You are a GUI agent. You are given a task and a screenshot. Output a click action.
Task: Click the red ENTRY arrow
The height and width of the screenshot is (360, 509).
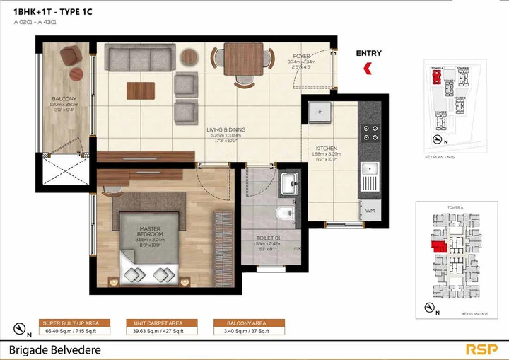tap(368, 69)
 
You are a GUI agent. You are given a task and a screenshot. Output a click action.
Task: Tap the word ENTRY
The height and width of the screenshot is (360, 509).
tap(368, 53)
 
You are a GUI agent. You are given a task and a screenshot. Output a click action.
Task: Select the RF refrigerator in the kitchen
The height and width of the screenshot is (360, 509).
tap(320, 112)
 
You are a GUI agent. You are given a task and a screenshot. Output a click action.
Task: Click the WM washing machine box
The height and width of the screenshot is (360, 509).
tap(370, 210)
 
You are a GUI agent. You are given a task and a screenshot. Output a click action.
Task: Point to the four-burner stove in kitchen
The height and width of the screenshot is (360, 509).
tap(370, 132)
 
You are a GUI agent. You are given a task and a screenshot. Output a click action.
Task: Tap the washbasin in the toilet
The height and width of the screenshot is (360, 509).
tap(289, 184)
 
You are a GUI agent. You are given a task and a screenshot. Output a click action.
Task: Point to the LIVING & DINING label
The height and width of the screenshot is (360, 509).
tap(226, 130)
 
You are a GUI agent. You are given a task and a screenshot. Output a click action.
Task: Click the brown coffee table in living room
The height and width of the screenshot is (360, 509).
tap(141, 91)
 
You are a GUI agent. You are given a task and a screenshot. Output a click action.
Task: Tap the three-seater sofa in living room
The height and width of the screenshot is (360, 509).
tap(139, 55)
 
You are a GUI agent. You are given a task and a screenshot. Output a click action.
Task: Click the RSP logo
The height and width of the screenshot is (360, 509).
tap(481, 349)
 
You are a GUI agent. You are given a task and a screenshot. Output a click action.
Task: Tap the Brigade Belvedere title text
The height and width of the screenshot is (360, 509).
tap(55, 349)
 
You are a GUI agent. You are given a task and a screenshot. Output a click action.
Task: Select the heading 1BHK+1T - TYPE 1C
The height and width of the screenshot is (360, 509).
tap(53, 12)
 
